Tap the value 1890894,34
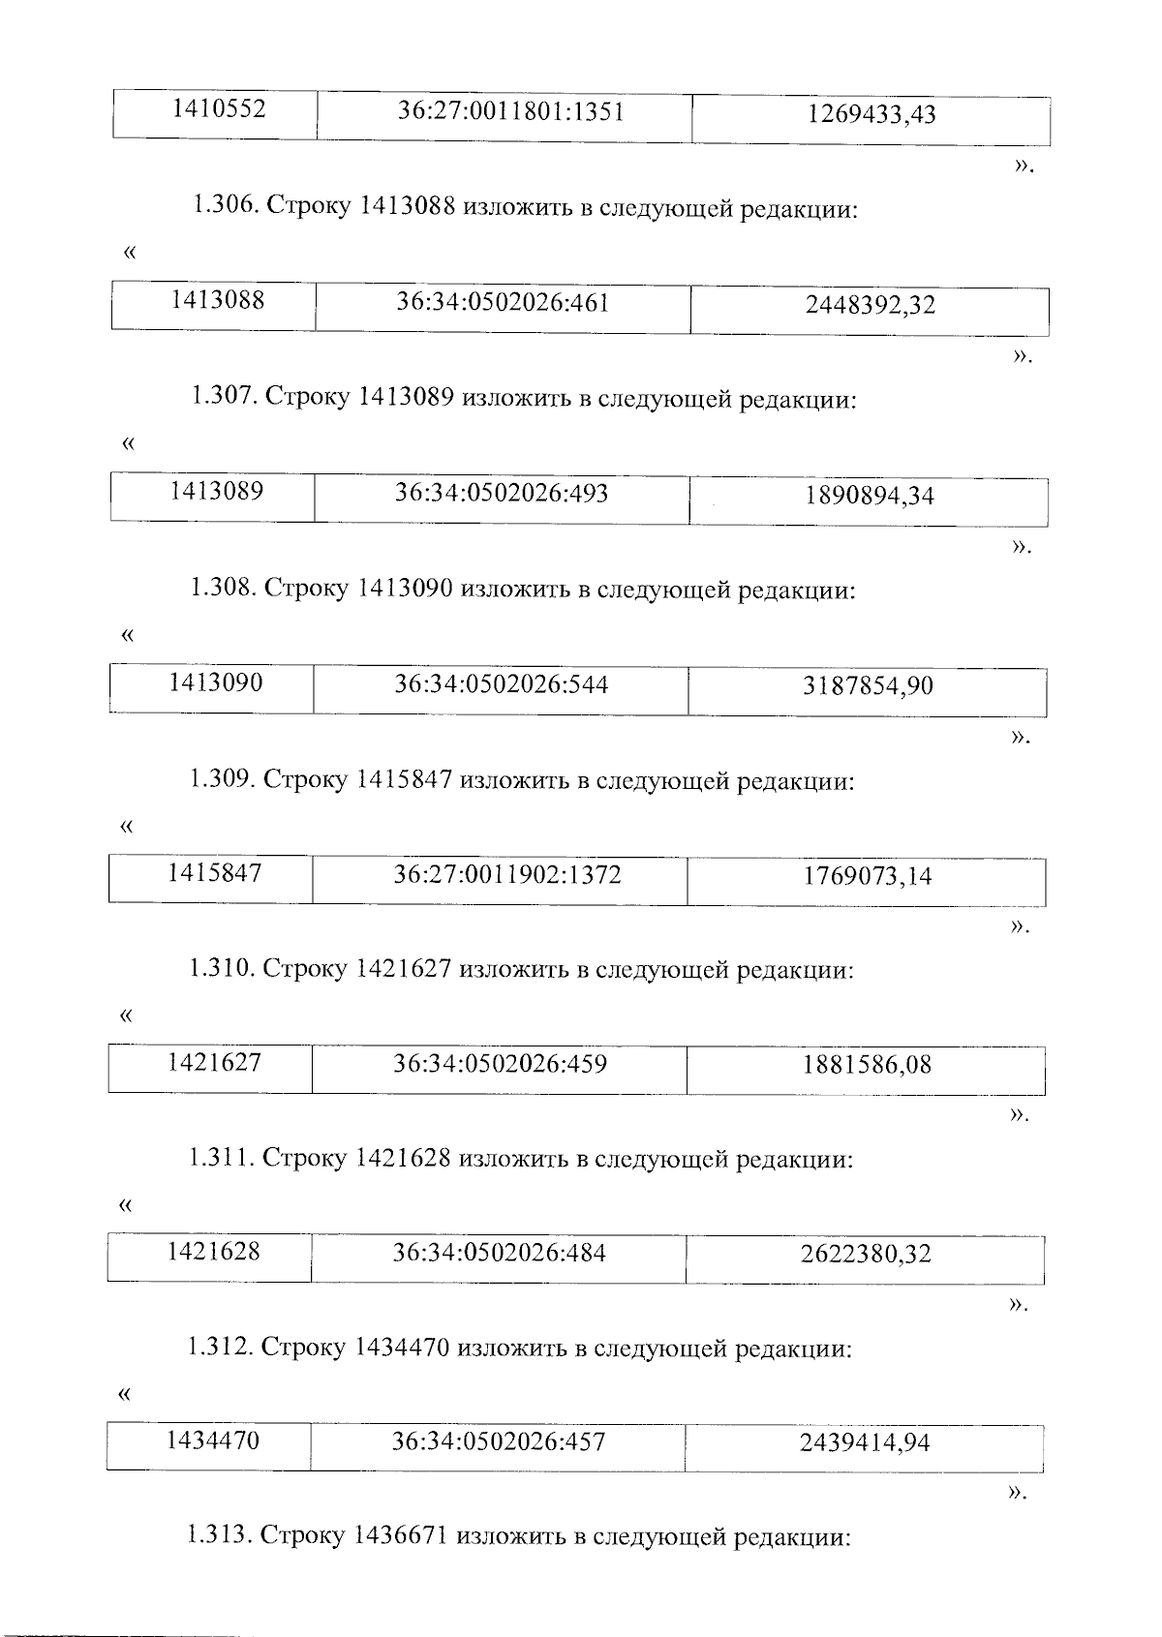869,497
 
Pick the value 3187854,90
868,687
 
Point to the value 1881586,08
867,1066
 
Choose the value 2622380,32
866,1256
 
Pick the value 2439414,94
865,1444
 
